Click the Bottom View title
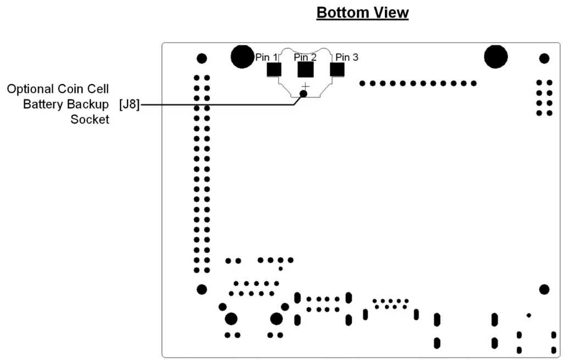(x=362, y=13)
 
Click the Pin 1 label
(x=267, y=57)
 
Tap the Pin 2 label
(x=305, y=57)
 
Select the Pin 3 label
(x=347, y=57)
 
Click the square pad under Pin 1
(x=274, y=70)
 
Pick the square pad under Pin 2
(x=306, y=70)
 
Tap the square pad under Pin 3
(x=337, y=70)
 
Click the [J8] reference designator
(x=129, y=104)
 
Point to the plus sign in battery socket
(x=306, y=86)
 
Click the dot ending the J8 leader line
(x=303, y=94)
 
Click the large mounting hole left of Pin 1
(x=242, y=57)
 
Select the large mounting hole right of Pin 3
(x=496, y=57)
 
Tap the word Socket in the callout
(x=90, y=119)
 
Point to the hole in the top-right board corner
(x=544, y=58)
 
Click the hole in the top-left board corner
(x=202, y=58)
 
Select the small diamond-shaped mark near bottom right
(x=529, y=315)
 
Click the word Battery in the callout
(x=42, y=104)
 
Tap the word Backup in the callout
(x=88, y=104)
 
